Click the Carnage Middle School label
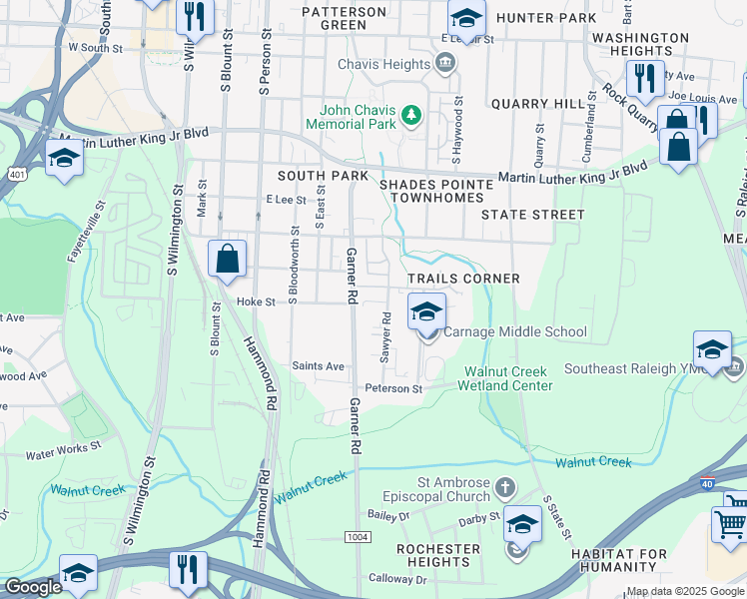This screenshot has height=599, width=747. (x=514, y=332)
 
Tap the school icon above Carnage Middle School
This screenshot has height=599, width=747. (x=426, y=311)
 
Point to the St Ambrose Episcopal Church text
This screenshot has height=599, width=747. (x=438, y=489)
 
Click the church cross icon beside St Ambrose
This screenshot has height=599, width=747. (x=505, y=488)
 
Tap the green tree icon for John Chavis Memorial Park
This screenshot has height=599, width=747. (x=410, y=118)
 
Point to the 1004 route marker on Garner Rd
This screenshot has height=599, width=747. (x=358, y=536)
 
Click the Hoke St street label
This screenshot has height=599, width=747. (x=255, y=301)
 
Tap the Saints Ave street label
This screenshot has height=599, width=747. (x=318, y=366)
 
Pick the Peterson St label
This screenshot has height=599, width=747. (x=394, y=388)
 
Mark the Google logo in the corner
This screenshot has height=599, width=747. (x=32, y=588)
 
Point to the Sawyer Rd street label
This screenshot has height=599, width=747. (x=384, y=338)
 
